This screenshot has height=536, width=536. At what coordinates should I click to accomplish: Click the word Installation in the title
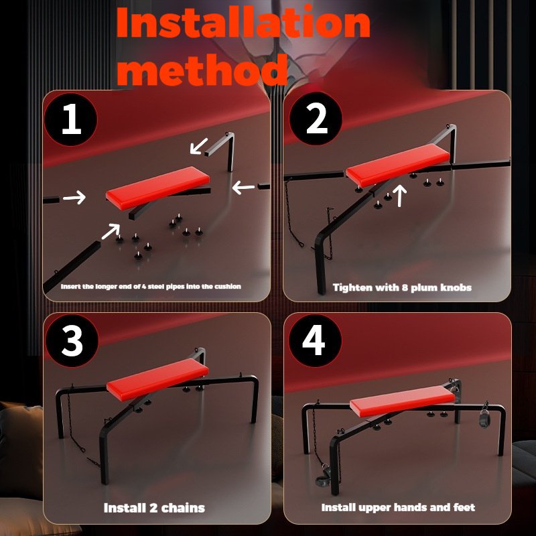coord(243,23)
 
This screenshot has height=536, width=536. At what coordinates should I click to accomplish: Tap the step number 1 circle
coord(71,119)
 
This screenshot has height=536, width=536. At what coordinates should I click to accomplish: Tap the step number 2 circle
coord(316,119)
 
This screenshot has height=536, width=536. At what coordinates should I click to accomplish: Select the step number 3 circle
coord(72,340)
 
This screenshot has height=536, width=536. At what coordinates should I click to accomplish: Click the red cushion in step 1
coord(157,188)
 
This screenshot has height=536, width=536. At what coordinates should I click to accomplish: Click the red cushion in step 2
coord(397,165)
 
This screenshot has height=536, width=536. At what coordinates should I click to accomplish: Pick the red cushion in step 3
coord(157,379)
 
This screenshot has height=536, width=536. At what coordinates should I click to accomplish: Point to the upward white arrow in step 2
coord(399,196)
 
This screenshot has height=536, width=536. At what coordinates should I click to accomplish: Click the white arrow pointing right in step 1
coord(74,197)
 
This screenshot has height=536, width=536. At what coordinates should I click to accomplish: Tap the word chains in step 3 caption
coord(182,508)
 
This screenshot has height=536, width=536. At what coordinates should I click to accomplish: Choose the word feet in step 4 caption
coord(464,507)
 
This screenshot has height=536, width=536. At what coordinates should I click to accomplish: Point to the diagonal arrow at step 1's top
coord(198,146)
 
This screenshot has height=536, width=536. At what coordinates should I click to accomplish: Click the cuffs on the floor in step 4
coord(323,475)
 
